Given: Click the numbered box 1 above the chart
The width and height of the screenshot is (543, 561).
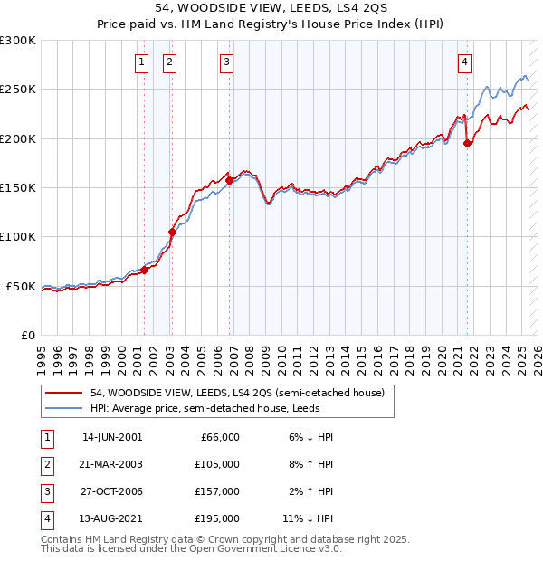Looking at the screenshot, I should coord(143,62).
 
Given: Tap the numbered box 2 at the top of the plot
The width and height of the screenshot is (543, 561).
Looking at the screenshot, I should coord(170,62).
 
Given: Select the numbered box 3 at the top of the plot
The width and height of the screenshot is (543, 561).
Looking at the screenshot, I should coord(225,62).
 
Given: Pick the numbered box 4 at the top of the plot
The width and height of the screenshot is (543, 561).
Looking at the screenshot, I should coord(463,62).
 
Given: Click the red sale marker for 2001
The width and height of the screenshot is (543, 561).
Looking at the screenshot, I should coord(144,270).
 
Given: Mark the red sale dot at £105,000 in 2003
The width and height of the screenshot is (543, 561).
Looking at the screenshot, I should coord(172,232).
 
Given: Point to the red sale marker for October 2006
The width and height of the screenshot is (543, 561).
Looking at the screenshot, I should coord(230,180).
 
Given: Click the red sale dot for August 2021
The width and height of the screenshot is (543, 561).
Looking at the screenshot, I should coord(467,143).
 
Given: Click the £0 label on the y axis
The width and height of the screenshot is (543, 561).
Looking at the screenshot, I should coord(27,335).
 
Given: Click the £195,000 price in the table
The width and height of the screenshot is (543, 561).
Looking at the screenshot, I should coord(218,518).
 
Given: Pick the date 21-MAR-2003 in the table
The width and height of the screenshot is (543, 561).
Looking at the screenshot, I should coord(112,464).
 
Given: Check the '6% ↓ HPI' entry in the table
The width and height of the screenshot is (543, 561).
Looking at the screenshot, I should coord(310,437).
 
